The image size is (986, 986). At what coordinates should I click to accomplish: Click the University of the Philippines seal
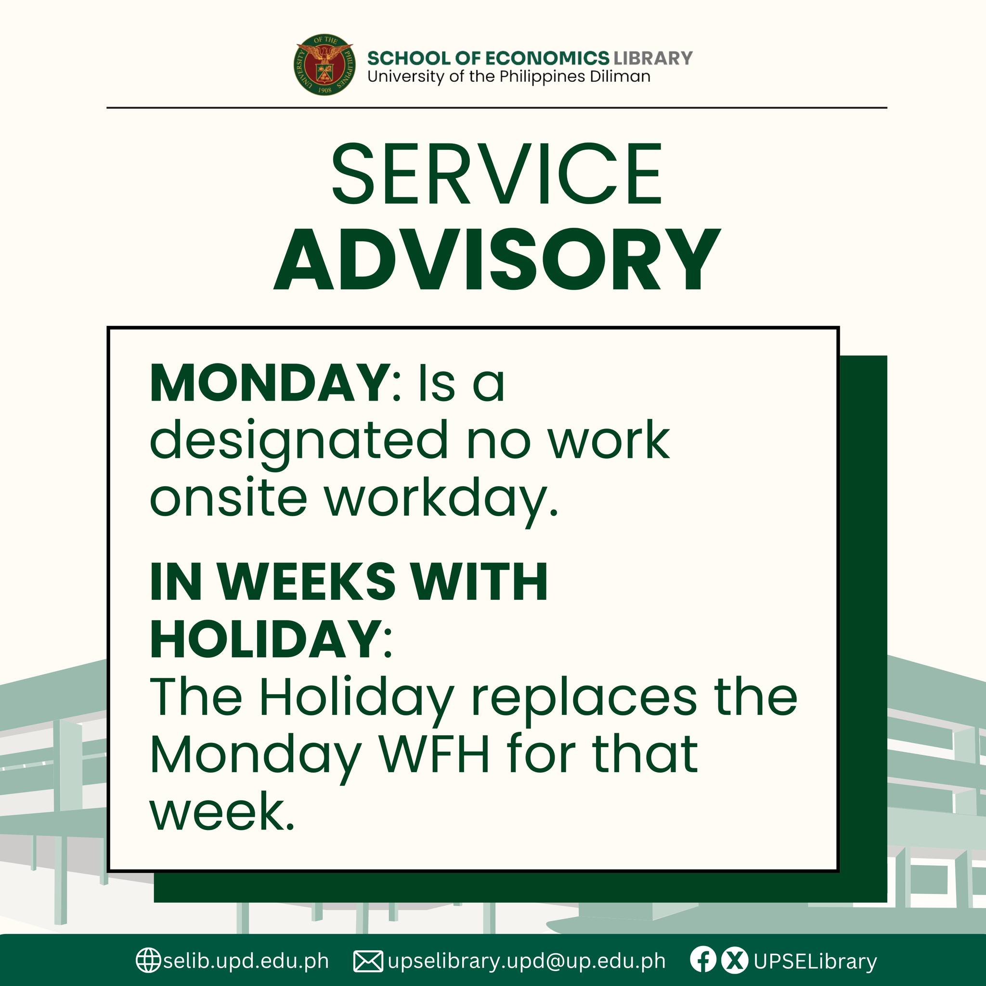(324, 65)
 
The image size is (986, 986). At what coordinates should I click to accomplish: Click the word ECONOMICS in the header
(546, 58)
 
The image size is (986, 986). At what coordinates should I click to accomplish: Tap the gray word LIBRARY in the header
(653, 58)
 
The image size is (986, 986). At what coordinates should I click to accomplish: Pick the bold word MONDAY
(270, 384)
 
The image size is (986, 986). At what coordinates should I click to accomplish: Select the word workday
(441, 501)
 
